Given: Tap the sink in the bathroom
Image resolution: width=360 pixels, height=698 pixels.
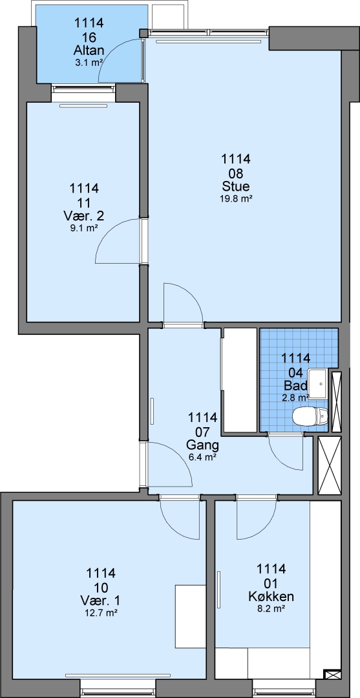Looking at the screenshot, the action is (319, 383).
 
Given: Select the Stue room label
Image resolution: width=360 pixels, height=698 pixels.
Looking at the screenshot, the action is (237, 186).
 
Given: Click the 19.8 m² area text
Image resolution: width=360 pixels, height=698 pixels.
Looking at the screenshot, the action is (237, 199).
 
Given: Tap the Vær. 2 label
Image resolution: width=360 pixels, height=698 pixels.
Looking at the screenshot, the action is (84, 216).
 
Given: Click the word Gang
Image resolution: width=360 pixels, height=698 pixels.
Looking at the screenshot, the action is (202, 445).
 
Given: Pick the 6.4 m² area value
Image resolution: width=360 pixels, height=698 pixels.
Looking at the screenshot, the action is (202, 457).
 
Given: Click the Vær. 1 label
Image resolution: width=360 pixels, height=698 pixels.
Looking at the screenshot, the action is (102, 600).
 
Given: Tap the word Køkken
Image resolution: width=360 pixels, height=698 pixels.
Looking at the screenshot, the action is (271, 596).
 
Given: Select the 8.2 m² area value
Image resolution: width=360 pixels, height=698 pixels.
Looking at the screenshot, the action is (271, 609).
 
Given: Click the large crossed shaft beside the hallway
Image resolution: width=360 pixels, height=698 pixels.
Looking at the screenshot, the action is (330, 465).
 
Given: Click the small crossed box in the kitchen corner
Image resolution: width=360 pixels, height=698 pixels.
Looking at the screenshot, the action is (333, 675).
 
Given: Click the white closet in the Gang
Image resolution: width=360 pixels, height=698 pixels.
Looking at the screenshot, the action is (240, 380).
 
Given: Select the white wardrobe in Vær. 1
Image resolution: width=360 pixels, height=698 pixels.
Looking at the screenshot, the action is (191, 616).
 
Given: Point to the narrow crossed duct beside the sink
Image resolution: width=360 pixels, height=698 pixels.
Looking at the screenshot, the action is (337, 401).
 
